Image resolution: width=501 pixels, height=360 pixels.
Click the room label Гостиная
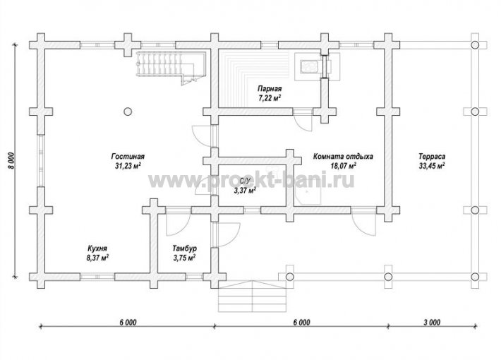coord(128,156)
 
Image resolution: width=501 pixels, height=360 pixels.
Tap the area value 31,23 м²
coord(128,166)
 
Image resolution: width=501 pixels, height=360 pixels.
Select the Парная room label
coord(270,88)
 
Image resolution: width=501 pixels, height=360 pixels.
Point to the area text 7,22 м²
coord(270,97)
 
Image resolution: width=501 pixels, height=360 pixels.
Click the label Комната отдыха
coord(343,157)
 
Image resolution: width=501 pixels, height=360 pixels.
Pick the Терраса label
coord(432,157)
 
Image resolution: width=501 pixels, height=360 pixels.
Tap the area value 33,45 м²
coord(432,166)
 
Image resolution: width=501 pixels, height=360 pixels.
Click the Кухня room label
coord(97,248)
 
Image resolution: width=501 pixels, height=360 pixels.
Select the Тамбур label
coord(184,248)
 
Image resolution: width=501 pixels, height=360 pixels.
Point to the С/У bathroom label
coord(244,181)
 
